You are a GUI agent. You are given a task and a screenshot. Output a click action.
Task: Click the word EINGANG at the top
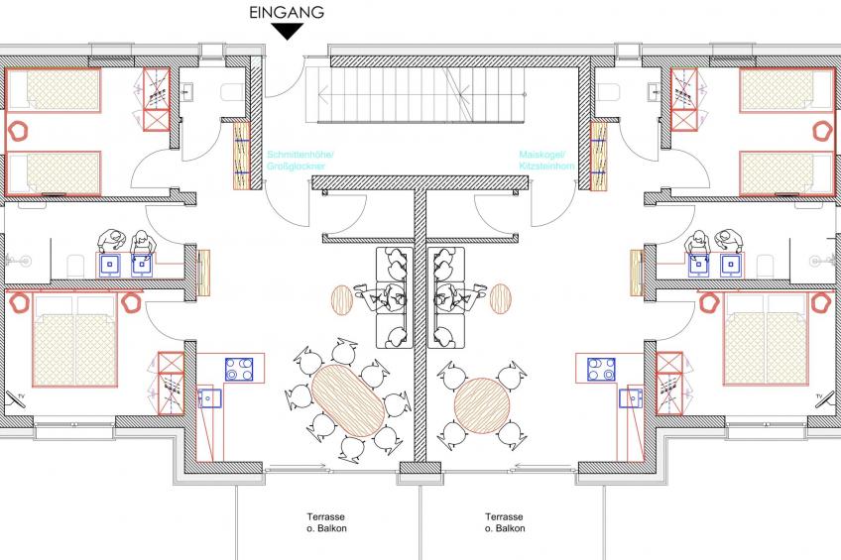pyautogui.click(x=288, y=12)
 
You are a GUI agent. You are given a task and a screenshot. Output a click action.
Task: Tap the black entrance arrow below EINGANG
pyautogui.click(x=288, y=32)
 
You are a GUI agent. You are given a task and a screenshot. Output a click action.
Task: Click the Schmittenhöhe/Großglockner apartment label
pyautogui.click(x=301, y=162)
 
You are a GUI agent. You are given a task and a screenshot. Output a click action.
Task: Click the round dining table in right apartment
pyautogui.click(x=483, y=401)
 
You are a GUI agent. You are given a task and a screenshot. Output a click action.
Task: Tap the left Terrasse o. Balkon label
pyautogui.click(x=327, y=522)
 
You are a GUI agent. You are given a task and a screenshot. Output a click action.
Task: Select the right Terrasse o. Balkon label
pyautogui.click(x=505, y=522)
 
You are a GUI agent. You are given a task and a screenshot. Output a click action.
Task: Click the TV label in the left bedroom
pyautogui.click(x=17, y=398)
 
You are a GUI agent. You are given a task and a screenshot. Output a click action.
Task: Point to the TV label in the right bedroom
pyautogui.click(x=819, y=398)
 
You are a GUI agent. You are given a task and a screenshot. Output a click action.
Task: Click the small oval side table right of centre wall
pyautogui.click(x=501, y=297)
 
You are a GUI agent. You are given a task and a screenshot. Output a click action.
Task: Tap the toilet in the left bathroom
pyautogui.click(x=74, y=264)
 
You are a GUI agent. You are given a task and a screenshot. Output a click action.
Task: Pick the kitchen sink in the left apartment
pyautogui.click(x=210, y=397)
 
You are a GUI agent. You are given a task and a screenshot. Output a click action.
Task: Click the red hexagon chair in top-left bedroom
pyautogui.click(x=18, y=128)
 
